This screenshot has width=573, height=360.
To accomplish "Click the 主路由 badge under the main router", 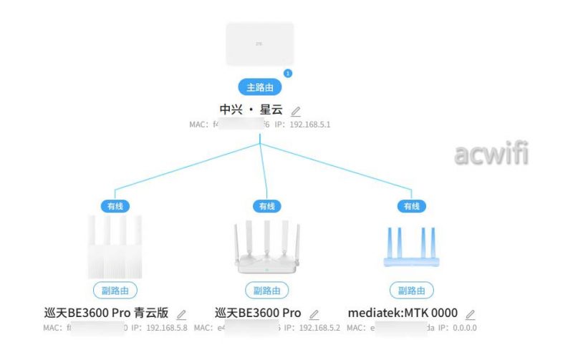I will coord(260,87).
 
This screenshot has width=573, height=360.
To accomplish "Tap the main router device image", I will coord(260,44).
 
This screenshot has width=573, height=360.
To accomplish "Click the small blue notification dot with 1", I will coord(288,72).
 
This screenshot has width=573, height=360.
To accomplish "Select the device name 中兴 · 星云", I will coord(251,110).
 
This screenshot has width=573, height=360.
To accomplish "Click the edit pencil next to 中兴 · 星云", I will coord(296,111).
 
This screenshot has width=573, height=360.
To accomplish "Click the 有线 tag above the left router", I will coord(115,206).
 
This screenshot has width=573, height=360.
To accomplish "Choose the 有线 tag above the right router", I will coord(411,206).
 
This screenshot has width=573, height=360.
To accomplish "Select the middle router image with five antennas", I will coord(266,247).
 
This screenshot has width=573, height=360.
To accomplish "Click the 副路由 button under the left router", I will coord(115,291).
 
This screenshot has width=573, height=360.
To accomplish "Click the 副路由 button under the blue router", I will coord(412,291).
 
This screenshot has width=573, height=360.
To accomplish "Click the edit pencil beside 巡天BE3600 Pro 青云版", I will coord(181,314).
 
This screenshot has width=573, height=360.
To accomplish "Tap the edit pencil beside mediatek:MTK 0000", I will coord(470,314).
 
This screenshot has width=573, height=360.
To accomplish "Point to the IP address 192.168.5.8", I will coord(166,328).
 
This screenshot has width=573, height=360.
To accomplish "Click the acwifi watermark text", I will coord(491,152).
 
